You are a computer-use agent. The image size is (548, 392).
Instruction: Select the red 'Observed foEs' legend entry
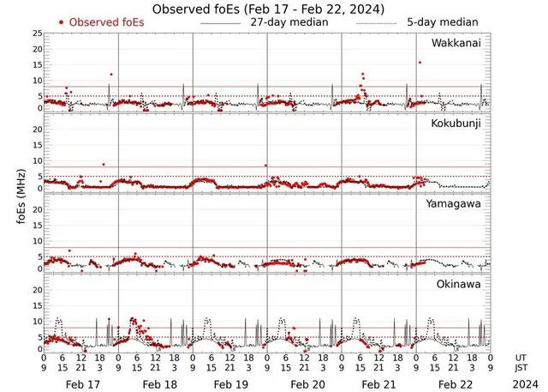tap(99, 21)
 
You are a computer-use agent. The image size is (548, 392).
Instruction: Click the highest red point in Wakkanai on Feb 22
tap(420, 63)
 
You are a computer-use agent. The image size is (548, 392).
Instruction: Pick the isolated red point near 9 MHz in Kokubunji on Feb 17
tap(104, 164)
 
